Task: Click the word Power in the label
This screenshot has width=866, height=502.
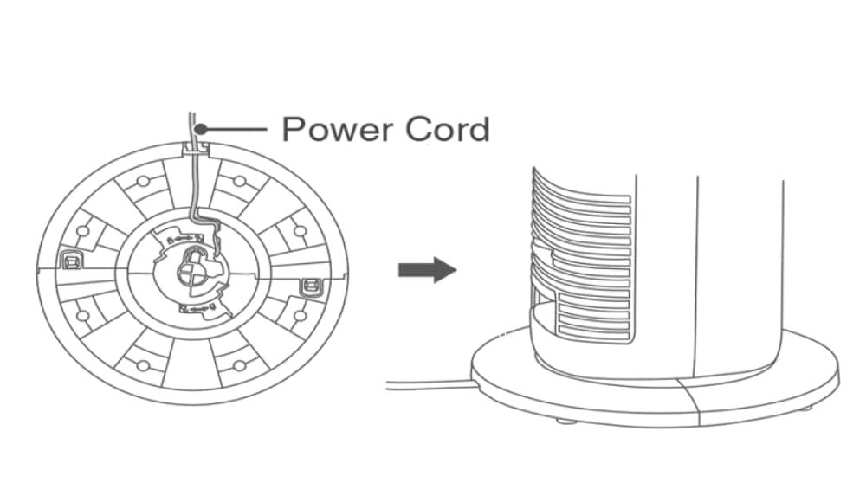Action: click(x=333, y=130)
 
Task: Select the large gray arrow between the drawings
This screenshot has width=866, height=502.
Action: click(x=427, y=270)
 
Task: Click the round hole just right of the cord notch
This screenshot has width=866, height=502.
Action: click(x=240, y=181)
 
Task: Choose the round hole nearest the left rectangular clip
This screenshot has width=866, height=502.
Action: click(x=83, y=231)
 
